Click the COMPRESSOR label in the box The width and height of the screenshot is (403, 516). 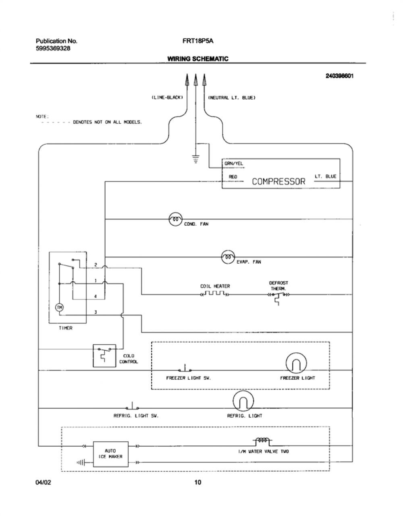click(x=278, y=182)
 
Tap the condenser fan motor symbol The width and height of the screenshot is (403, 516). click(x=175, y=219)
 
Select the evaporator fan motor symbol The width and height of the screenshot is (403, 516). click(x=228, y=257)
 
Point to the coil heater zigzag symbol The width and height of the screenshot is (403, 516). click(x=215, y=294)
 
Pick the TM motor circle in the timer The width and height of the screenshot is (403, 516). click(x=59, y=308)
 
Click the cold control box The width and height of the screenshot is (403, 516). click(x=104, y=356)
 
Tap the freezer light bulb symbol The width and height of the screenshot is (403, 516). click(x=296, y=363)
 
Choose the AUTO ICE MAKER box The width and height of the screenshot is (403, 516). click(x=110, y=454)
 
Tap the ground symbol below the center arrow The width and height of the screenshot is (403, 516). click(x=195, y=159)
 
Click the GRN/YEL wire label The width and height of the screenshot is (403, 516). click(x=234, y=164)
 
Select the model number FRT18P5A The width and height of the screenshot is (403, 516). click(x=198, y=41)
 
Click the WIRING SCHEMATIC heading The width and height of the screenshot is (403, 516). click(x=198, y=58)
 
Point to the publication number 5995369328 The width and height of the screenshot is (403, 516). click(x=53, y=48)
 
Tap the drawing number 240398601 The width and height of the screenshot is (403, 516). click(x=340, y=76)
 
